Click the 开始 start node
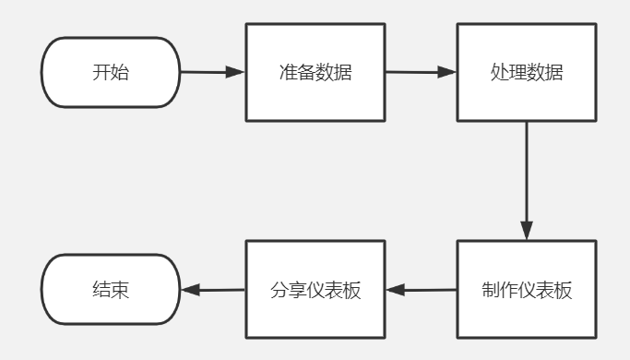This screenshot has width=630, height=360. click(x=111, y=72)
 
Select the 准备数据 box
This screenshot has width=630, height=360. click(x=315, y=72)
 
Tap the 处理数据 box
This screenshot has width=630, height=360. click(x=527, y=72)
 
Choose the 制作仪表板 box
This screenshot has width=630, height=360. click(x=527, y=290)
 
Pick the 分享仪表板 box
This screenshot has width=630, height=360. click(x=315, y=290)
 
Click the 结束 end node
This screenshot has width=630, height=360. click(x=111, y=290)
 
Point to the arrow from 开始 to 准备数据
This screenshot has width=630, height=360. click(x=213, y=72)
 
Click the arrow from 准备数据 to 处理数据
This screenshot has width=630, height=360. click(x=421, y=72)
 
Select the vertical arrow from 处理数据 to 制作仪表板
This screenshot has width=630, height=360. click(x=527, y=181)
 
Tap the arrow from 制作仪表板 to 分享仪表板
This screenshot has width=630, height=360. click(x=421, y=290)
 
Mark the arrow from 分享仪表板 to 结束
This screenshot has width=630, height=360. click(x=213, y=290)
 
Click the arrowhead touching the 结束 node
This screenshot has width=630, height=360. click(x=190, y=290)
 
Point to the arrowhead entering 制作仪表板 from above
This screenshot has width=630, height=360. click(x=527, y=231)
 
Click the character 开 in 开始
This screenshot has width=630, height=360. click(x=101, y=72)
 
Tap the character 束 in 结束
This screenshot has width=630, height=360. click(x=120, y=290)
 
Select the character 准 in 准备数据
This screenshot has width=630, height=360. click(x=288, y=72)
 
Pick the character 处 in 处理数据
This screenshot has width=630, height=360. click(x=499, y=72)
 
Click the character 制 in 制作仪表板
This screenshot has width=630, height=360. click(x=490, y=290)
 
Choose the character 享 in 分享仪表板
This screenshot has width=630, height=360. click(x=297, y=290)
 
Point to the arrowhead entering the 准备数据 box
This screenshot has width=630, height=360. click(x=235, y=72)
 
